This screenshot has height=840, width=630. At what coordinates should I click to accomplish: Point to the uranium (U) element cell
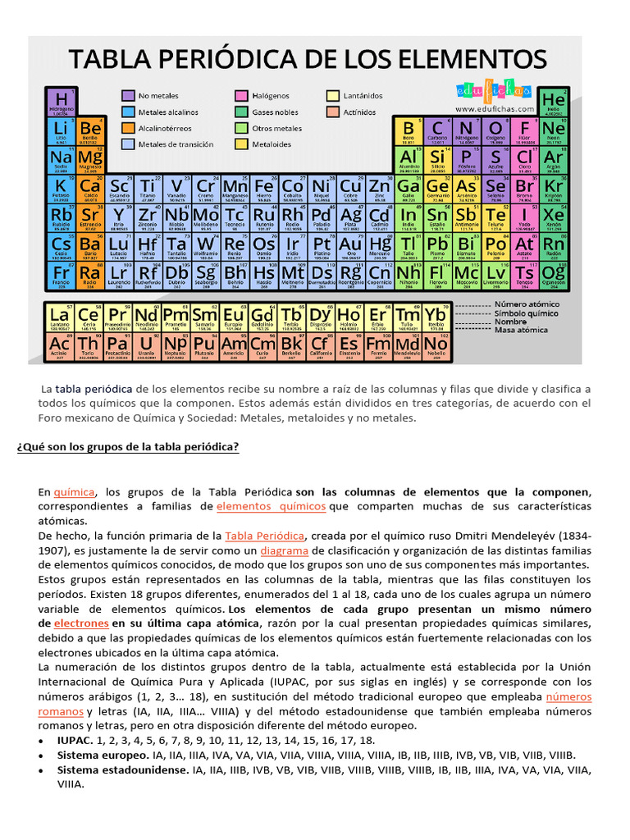[147, 345]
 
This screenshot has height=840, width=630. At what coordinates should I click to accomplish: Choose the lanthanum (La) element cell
[60, 317]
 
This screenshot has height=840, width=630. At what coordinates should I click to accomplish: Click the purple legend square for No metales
[129, 96]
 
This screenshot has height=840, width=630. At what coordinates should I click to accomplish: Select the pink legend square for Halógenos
[242, 96]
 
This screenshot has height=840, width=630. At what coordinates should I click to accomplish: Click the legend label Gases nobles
[276, 112]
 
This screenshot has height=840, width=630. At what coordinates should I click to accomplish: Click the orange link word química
[74, 491]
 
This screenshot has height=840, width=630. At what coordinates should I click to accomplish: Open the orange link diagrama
[284, 550]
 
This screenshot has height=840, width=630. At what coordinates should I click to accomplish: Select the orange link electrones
[81, 623]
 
